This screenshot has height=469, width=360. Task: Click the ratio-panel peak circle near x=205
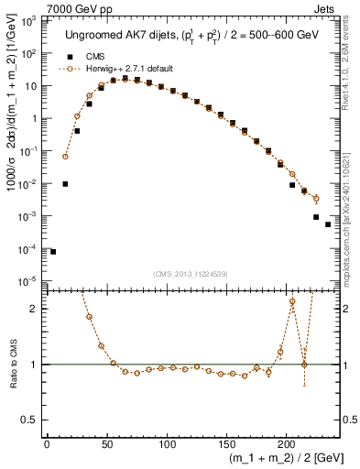click(292, 301)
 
